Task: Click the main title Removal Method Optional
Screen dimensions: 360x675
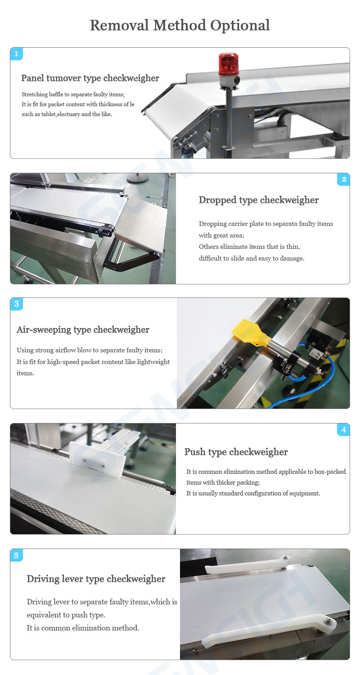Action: coord(180,25)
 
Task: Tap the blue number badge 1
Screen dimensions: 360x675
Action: coord(17,54)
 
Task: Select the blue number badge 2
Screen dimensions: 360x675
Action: coord(344,179)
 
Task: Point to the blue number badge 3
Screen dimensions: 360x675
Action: coord(17,304)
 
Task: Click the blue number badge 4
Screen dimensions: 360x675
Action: coord(344,430)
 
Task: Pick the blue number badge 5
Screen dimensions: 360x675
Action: coord(17,555)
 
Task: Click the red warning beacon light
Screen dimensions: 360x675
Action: coord(228,64)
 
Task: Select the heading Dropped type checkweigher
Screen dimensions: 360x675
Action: coord(258,200)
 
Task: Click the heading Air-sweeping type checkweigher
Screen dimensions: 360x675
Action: coord(83,330)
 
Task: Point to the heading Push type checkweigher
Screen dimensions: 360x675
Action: coord(236,452)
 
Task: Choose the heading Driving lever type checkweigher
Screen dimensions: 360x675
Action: coord(96,579)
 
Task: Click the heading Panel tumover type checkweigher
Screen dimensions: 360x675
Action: coord(90,78)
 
